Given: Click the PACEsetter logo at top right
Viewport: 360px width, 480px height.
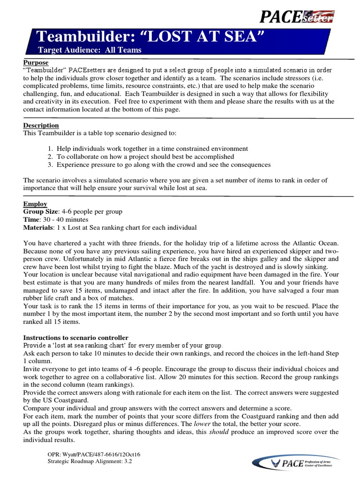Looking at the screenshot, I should tap(297, 17).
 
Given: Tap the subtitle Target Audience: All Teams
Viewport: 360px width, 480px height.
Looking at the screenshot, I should tap(90, 50).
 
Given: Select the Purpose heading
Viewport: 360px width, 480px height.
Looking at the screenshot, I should tap(36, 62).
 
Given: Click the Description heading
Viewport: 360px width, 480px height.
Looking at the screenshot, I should tap(41, 126).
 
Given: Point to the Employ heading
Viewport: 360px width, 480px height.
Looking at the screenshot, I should tap(35, 204).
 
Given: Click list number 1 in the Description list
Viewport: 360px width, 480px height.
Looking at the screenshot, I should tap(50, 149).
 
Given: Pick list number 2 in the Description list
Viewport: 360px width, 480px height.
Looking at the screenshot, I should tap(50, 157).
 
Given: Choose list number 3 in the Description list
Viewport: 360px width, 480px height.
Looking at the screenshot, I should tap(50, 165).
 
